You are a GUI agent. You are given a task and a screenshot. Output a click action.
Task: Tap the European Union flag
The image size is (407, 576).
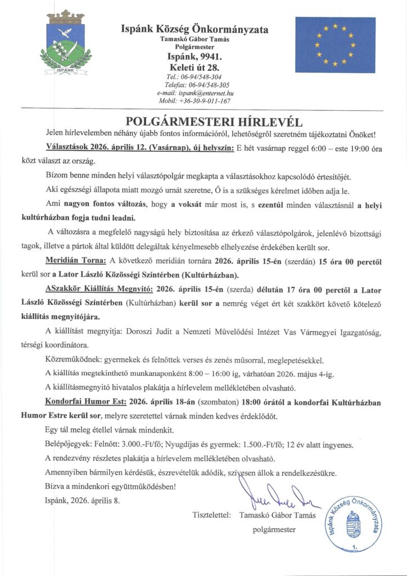(335, 45)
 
